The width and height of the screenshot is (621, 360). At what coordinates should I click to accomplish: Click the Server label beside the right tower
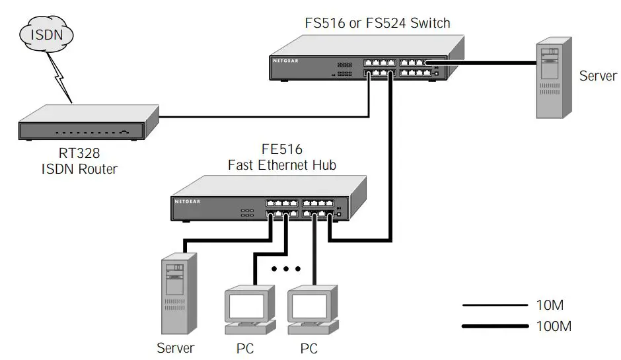[597, 75]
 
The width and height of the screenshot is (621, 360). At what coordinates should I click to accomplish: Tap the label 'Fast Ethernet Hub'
[281, 165]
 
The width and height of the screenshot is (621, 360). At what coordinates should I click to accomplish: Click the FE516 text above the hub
[281, 149]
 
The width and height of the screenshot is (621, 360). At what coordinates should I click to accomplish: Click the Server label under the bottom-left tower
[176, 347]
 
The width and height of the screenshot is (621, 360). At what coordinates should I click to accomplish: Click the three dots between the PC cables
[286, 269]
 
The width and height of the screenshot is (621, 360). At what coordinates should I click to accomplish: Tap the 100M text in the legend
[554, 326]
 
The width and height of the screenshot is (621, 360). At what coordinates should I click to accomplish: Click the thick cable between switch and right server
[482, 63]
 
